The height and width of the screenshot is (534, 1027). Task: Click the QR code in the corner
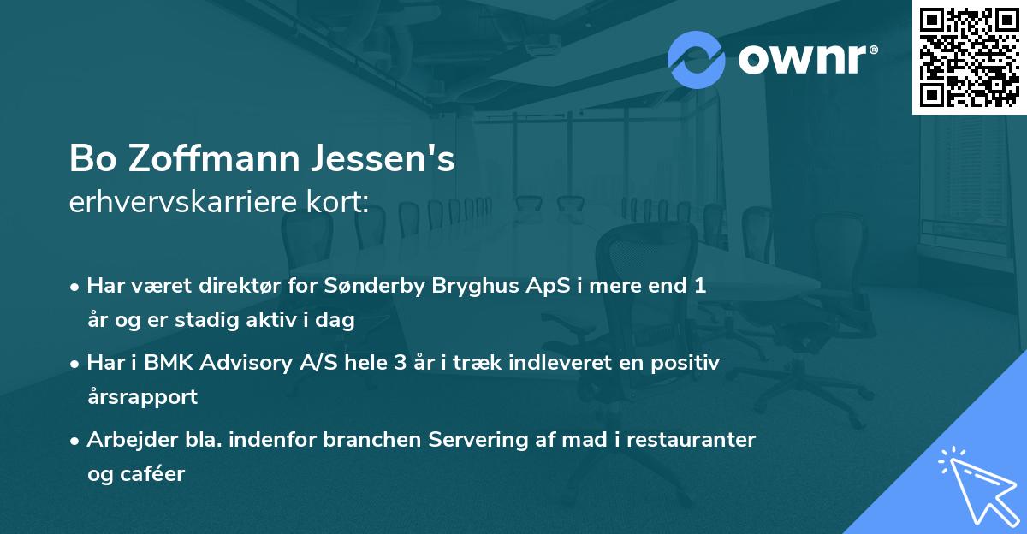point(969,56)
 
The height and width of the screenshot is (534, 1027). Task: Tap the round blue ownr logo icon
point(697,60)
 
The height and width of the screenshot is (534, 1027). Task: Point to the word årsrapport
point(142,396)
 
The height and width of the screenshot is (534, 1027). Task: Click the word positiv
point(688,362)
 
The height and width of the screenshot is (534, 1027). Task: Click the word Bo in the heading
point(91,159)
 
